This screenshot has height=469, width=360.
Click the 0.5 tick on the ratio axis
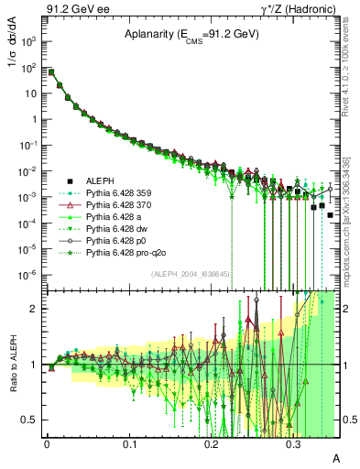click(x=33, y=420)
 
